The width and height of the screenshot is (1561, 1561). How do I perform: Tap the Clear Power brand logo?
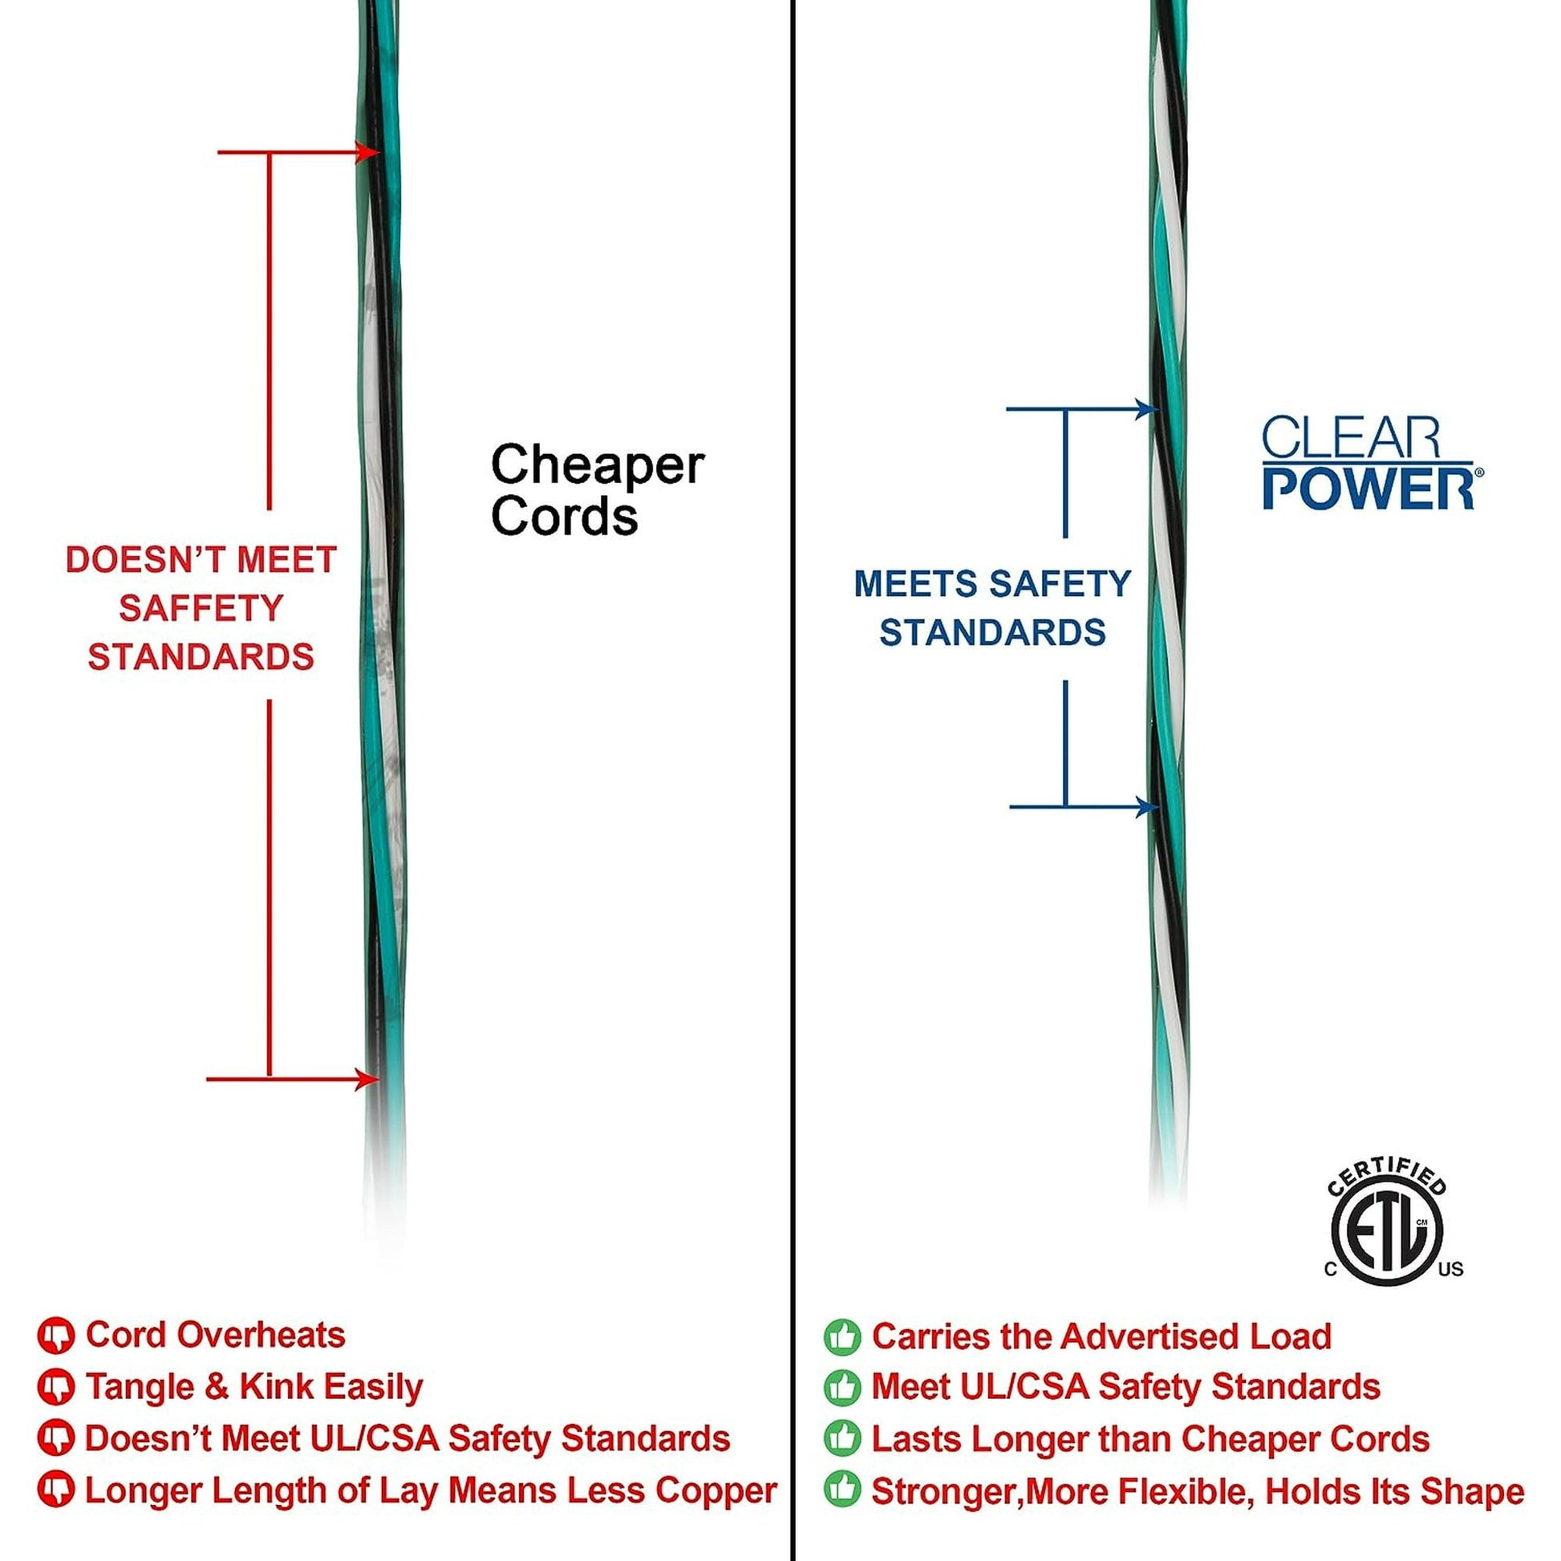point(1371,464)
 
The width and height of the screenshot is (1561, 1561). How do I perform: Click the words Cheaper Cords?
point(597,489)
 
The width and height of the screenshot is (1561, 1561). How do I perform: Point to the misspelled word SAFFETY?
point(201,608)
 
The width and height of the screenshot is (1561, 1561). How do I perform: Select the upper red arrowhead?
point(367,152)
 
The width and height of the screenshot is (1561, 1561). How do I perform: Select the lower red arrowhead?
point(367,1079)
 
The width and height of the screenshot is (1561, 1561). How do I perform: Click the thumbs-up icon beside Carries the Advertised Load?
point(842,1337)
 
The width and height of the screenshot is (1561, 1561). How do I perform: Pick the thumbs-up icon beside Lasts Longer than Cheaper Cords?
point(842,1440)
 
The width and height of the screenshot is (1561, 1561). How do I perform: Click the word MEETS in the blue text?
point(915,584)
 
